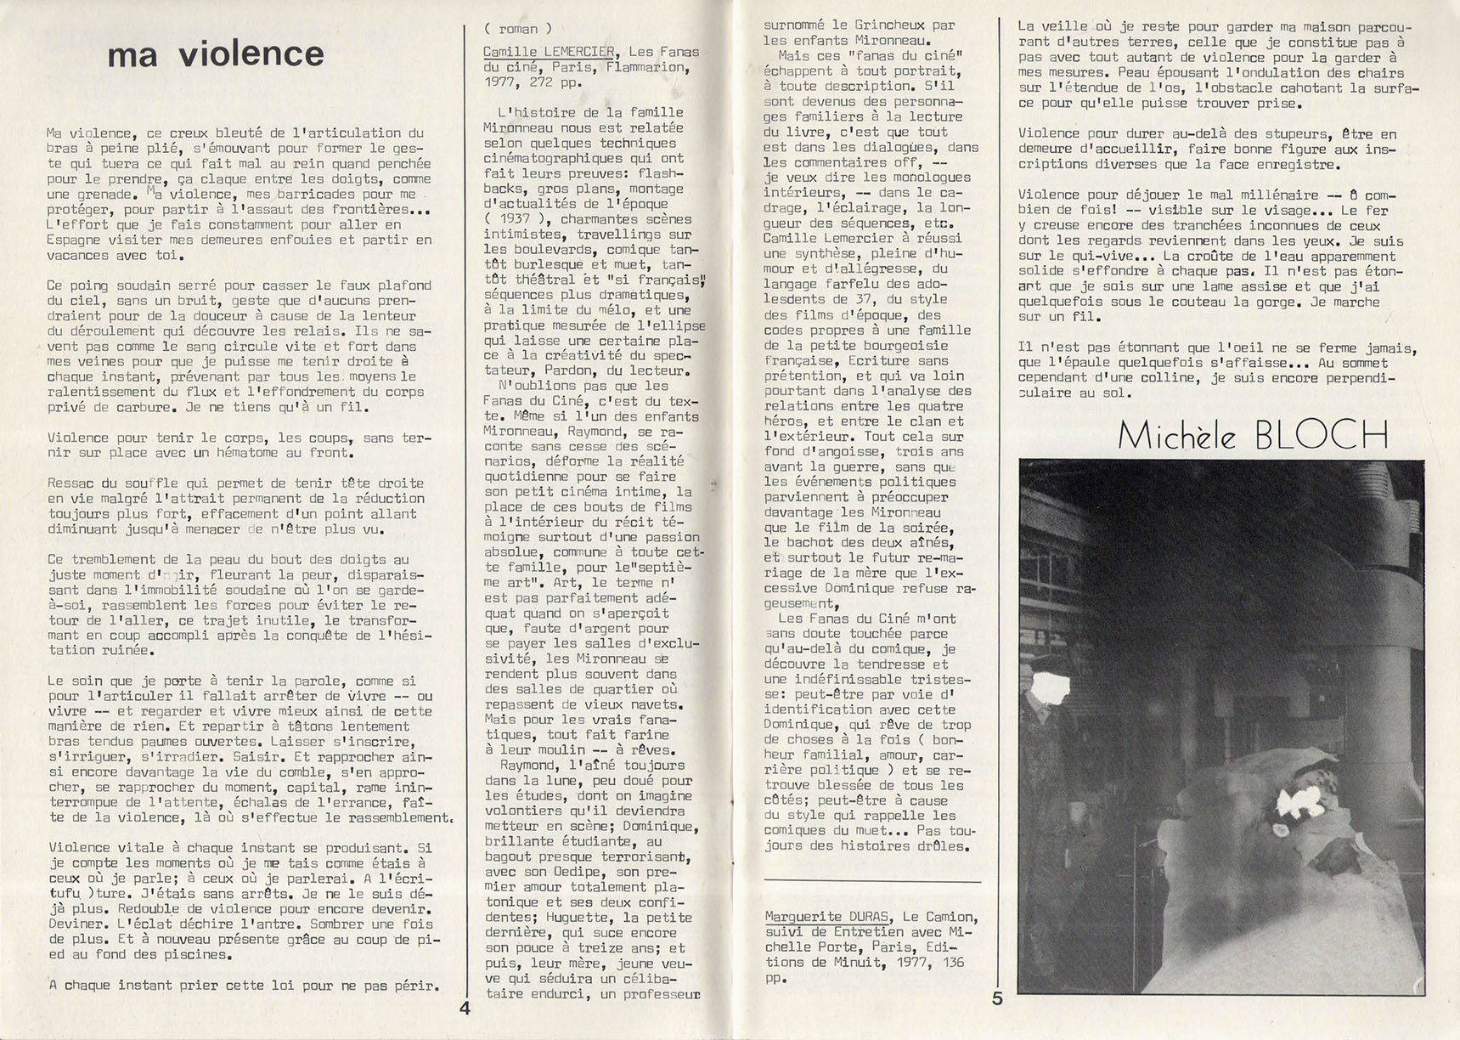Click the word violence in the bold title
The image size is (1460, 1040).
[252, 54]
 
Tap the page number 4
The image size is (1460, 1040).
[465, 1009]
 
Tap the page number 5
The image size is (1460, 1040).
[997, 998]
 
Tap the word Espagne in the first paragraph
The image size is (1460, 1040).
[78, 240]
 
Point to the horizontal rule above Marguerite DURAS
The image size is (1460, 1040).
[871, 881]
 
